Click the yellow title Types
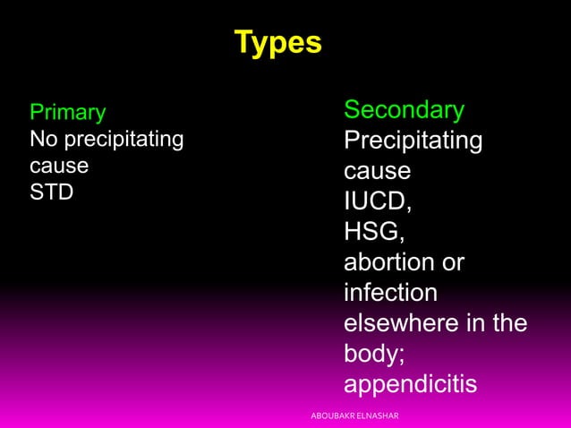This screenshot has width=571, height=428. point(277,43)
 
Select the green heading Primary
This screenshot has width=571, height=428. point(67,113)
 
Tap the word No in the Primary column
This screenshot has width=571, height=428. point(42,140)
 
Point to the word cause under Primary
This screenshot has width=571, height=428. point(59,167)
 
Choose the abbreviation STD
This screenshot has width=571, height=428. point(52,193)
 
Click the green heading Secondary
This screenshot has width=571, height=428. point(404,110)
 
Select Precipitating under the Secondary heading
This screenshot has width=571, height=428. point(413,141)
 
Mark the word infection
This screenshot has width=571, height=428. point(391,293)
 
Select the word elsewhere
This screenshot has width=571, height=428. point(402,323)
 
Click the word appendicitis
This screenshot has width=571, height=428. point(410,384)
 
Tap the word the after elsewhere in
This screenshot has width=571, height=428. point(507,323)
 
